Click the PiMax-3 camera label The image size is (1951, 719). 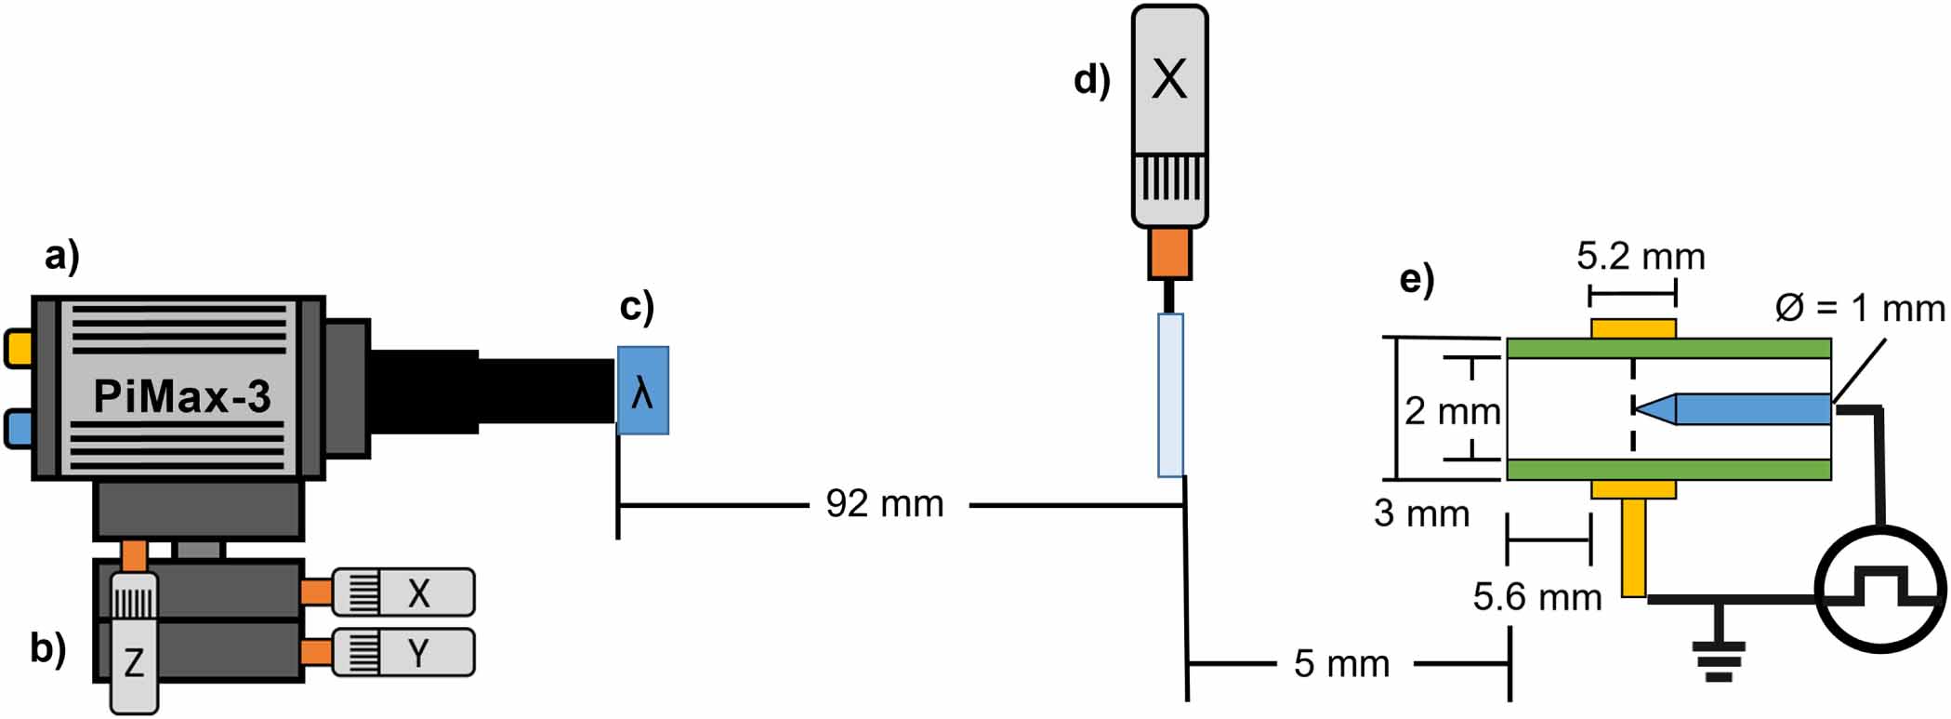(182, 397)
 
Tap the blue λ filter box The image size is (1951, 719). (643, 391)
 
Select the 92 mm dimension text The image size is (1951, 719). (885, 504)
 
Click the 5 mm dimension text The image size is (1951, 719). (1341, 664)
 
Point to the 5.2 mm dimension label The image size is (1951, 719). (1641, 257)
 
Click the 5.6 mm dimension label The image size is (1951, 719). (1537, 597)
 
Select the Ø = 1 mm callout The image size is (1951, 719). (1860, 308)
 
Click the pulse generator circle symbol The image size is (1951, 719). (1880, 590)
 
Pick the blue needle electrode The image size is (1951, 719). (1747, 409)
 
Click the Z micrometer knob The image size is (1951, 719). (134, 642)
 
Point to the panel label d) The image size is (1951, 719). (1092, 80)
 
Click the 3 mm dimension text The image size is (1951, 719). (1421, 513)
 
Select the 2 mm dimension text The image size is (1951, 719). (1452, 411)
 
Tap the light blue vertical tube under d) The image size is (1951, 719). (1170, 395)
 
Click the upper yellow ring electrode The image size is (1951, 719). (1633, 328)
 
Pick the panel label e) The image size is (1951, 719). (1417, 279)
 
